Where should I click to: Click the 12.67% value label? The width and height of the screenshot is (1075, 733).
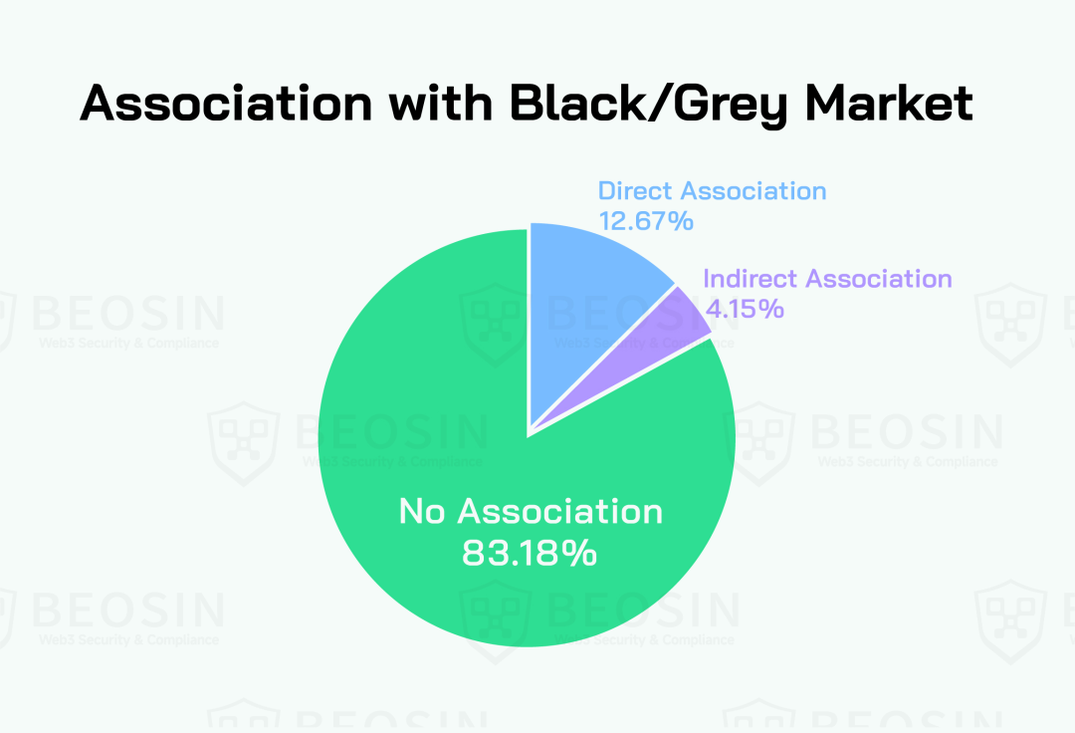pos(645,220)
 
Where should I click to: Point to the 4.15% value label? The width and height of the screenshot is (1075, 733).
pos(744,308)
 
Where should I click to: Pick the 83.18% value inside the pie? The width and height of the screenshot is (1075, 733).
pos(530,553)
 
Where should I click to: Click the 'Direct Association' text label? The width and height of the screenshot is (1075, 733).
pos(712,190)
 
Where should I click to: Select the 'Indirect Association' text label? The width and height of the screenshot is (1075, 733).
pos(827,279)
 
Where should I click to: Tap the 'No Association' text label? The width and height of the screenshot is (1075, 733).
pos(530,511)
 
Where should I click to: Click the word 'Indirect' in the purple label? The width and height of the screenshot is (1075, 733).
pos(751,279)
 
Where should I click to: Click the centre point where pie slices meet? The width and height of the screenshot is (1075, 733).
pos(529,433)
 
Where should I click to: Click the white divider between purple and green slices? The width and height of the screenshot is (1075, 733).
pos(621,384)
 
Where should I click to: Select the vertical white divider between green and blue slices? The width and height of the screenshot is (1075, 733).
pos(529,329)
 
